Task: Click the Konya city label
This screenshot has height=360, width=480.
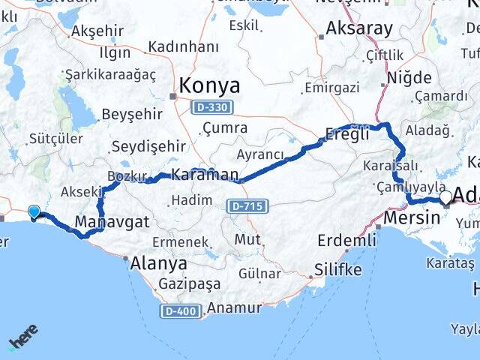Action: [209, 85]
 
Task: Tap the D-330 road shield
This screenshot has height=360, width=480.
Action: [212, 107]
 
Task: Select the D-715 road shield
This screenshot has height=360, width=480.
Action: [246, 205]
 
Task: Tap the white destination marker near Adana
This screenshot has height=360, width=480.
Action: [446, 197]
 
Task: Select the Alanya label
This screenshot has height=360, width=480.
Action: [158, 263]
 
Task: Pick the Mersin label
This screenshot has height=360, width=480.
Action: [412, 217]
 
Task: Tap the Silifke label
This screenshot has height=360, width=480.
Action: [337, 269]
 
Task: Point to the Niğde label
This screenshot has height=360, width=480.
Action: [409, 77]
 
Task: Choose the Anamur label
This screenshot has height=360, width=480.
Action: [234, 307]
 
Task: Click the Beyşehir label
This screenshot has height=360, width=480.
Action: [131, 113]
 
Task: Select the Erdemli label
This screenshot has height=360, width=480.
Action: [346, 240]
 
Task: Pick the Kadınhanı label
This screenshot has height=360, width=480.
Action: [184, 47]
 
